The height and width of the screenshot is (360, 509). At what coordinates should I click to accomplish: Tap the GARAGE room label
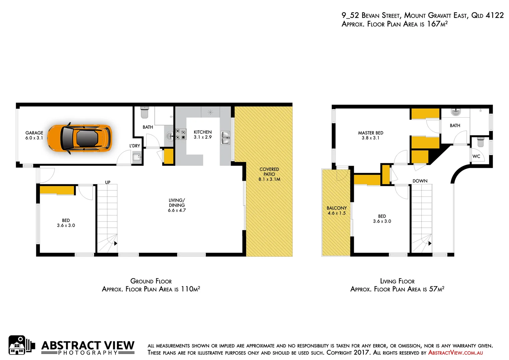(x=34, y=133)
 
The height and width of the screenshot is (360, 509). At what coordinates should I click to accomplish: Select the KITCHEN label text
(x=203, y=132)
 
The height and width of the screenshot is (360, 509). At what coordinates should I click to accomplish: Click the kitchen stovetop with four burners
(x=181, y=134)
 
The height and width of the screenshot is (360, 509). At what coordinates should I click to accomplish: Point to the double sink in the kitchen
(x=226, y=137)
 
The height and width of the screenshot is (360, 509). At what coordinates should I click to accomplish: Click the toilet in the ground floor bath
(x=144, y=112)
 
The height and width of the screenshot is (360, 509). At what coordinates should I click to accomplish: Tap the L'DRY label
(x=135, y=146)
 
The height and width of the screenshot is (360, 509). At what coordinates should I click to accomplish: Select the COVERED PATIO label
(x=269, y=172)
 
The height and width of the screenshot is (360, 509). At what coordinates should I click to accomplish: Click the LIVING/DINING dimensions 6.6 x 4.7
(x=177, y=210)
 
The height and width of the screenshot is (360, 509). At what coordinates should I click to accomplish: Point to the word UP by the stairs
(x=108, y=182)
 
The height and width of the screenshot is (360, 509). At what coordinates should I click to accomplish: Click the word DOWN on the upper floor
(x=420, y=181)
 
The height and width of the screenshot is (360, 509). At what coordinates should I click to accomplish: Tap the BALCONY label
(x=336, y=208)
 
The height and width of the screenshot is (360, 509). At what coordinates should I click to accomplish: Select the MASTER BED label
(x=370, y=133)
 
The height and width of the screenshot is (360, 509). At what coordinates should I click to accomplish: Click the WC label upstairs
(x=476, y=156)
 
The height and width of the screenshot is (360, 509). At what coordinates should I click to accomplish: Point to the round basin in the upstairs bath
(x=455, y=112)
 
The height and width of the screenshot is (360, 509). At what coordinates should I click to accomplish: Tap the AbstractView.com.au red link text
(x=455, y=353)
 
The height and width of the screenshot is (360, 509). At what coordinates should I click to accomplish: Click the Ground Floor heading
(x=151, y=281)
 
